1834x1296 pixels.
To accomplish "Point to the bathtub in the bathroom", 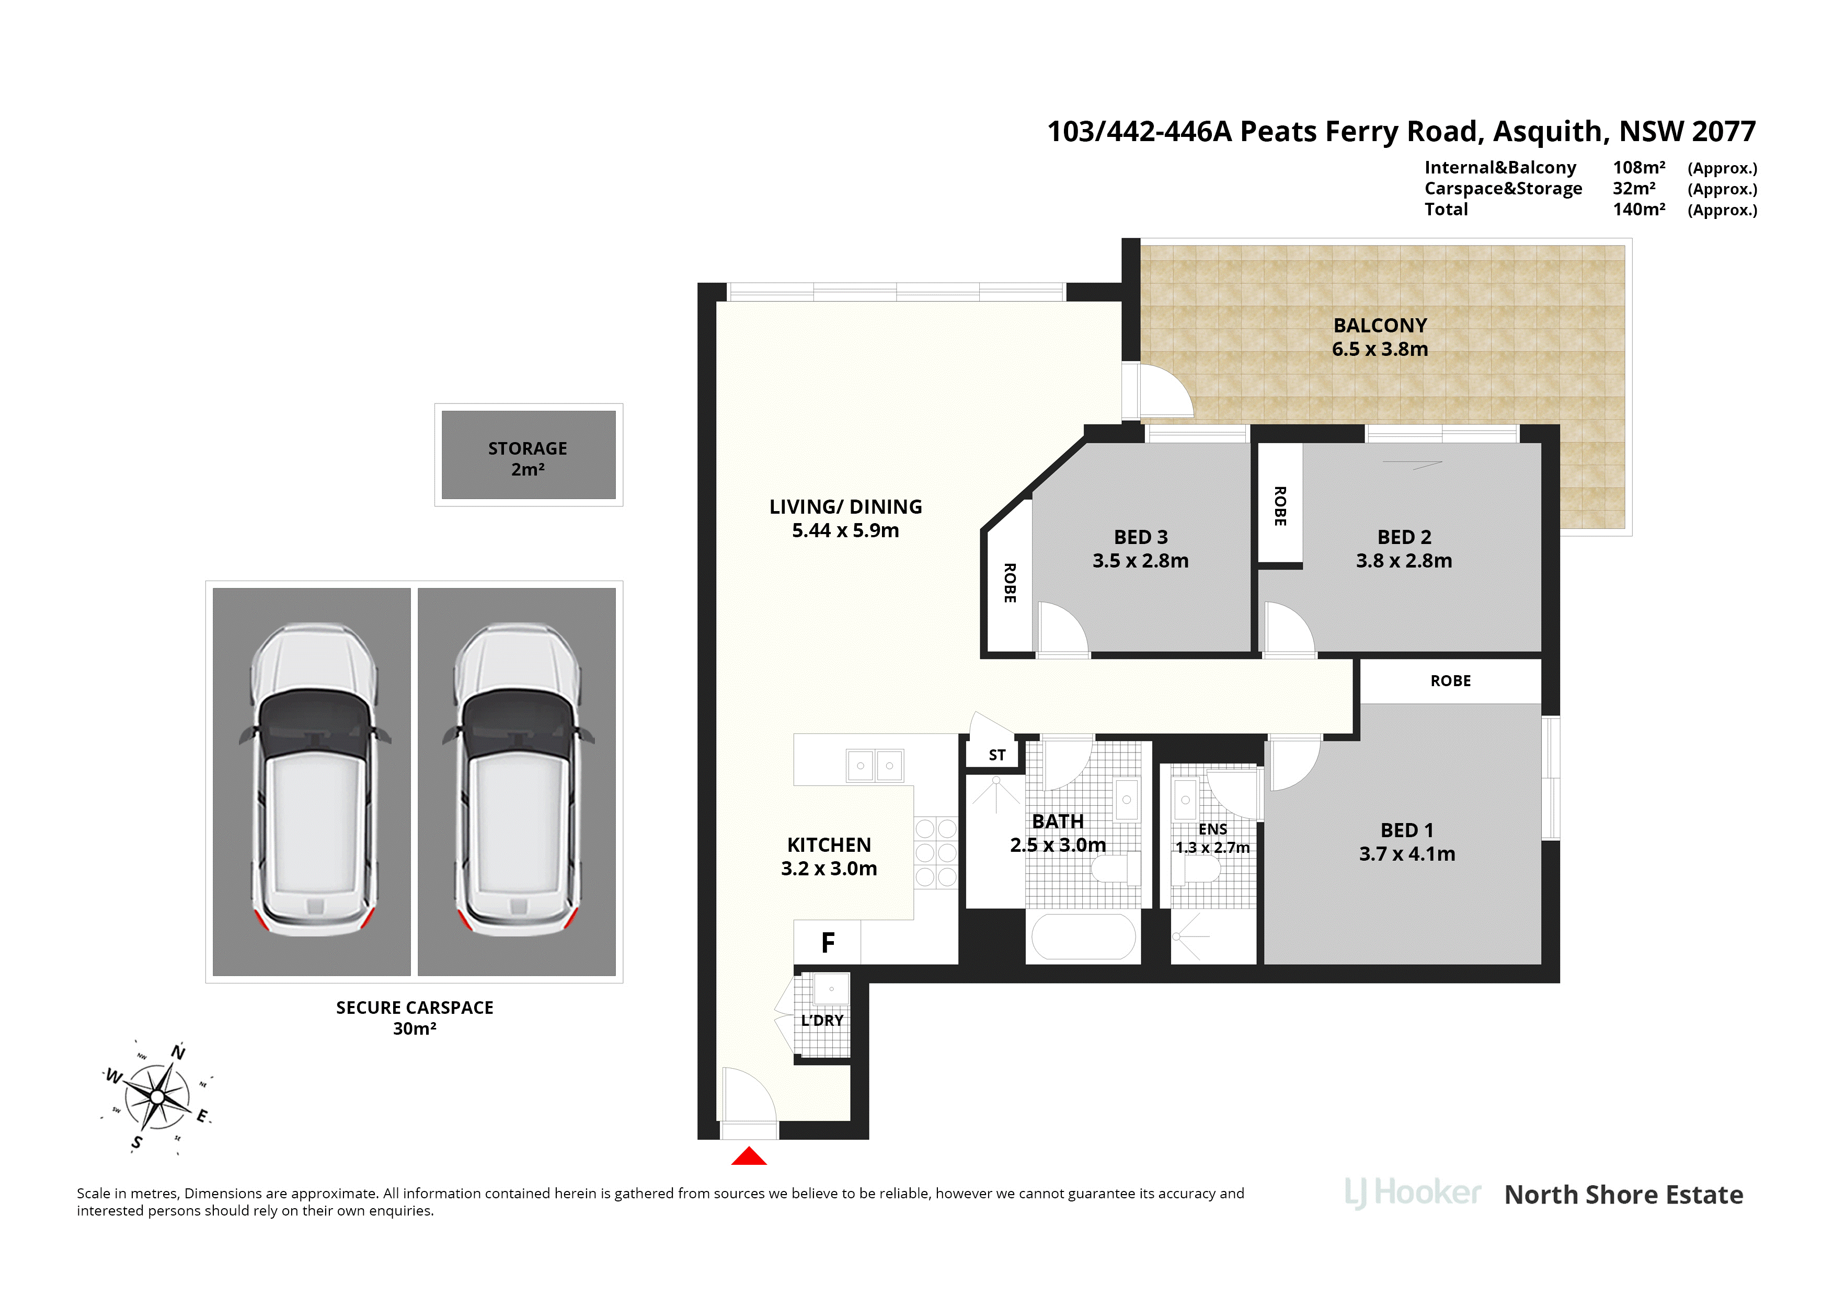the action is coord(1083,936).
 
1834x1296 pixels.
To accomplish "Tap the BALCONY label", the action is coord(1380,325).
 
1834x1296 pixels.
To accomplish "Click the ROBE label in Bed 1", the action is coord(1451,681).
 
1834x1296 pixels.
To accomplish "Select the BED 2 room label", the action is coord(1404,537).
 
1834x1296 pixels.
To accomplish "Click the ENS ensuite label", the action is coord(1212,830).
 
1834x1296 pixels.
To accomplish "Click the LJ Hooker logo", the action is coord(1413,1194).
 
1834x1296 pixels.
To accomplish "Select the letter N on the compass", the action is coord(178,1052).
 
